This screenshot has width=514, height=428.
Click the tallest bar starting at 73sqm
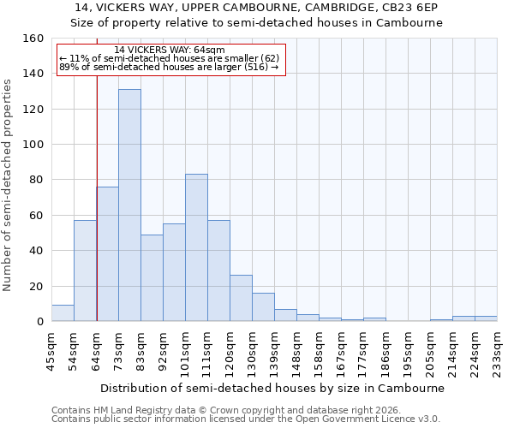(129, 205)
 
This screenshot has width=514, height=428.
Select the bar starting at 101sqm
(196, 248)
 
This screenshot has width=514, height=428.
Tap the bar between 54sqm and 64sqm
(85, 270)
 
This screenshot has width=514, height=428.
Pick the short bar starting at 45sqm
(63, 313)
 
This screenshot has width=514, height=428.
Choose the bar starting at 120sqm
(241, 298)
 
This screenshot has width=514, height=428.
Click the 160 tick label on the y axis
(33, 39)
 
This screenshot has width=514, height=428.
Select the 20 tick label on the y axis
(37, 286)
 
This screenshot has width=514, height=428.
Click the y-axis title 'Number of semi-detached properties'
(8, 180)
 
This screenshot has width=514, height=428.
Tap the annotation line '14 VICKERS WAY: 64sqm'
(169, 51)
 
